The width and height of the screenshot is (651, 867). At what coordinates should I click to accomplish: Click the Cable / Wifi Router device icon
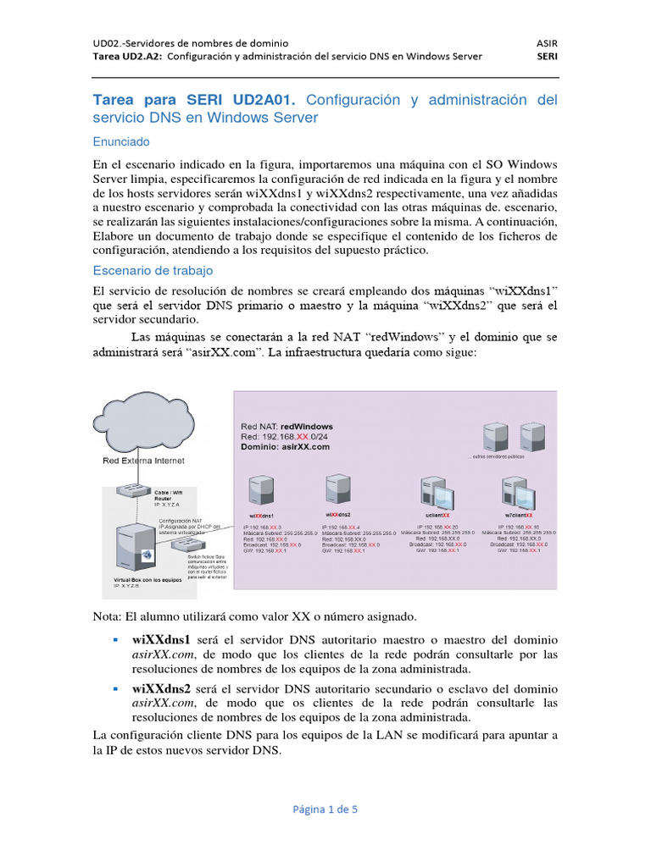coord(136,490)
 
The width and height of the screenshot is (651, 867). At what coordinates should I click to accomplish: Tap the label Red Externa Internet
coord(143,461)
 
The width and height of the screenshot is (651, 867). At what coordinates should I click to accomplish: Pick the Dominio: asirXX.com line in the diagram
coord(285,446)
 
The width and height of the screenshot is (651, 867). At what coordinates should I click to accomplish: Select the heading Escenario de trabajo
coord(153,270)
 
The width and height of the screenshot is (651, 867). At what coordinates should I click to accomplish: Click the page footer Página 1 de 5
coord(325,809)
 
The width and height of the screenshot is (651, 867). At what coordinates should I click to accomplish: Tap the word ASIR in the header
coord(548,42)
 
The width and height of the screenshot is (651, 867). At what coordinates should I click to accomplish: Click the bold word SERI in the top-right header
coord(548,57)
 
